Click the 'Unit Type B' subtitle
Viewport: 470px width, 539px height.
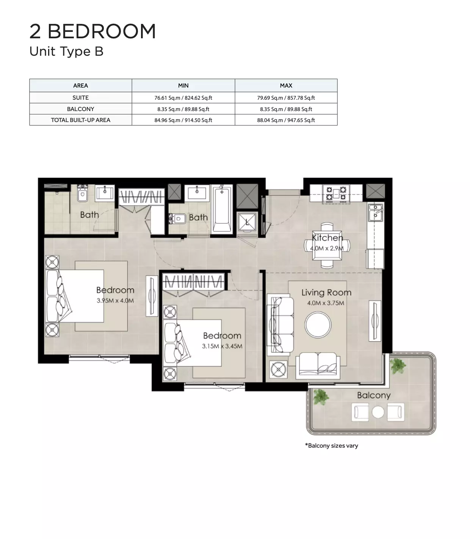coord(66,51)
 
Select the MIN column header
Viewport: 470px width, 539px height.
coord(183,86)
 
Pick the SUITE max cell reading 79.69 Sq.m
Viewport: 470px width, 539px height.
coord(286,98)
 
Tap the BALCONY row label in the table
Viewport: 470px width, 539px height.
coord(80,109)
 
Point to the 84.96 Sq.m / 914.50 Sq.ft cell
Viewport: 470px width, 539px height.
coord(183,120)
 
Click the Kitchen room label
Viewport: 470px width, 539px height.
coord(327,238)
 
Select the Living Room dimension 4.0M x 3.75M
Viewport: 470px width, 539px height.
coord(325,303)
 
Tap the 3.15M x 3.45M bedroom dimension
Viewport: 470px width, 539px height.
coord(222,346)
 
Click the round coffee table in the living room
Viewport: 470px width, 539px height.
coord(318,324)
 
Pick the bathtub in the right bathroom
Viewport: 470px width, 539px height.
coord(222,208)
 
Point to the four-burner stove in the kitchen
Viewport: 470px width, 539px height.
coord(336,194)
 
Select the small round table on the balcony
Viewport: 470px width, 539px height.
coord(378,412)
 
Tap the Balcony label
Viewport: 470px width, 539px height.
coord(374,395)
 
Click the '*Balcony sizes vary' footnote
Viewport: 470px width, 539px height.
coord(331,446)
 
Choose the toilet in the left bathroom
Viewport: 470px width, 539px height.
coord(83,193)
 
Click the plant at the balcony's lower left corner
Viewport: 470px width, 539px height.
coord(320,397)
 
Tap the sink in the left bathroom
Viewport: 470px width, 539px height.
coord(105,193)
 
